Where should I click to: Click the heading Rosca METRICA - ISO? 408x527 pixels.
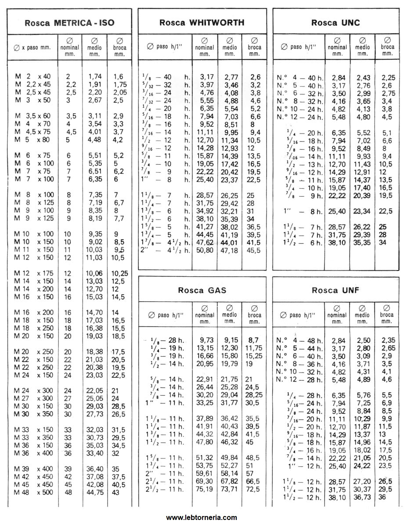point(69,22)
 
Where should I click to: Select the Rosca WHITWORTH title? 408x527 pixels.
point(202,22)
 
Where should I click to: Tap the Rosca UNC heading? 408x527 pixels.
point(336,22)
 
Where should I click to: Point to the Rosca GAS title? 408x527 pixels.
point(202,290)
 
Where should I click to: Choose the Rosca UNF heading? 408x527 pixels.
point(336,290)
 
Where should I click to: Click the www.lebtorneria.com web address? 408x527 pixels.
point(202,517)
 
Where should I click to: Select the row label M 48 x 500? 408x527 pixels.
point(33,492)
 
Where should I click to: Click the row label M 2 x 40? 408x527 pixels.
point(33,76)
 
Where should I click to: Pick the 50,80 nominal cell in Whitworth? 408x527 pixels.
point(203,250)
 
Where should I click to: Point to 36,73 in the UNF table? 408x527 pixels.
point(363,497)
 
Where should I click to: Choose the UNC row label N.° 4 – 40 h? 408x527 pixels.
point(300,78)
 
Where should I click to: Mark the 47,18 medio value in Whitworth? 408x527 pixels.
point(229,250)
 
